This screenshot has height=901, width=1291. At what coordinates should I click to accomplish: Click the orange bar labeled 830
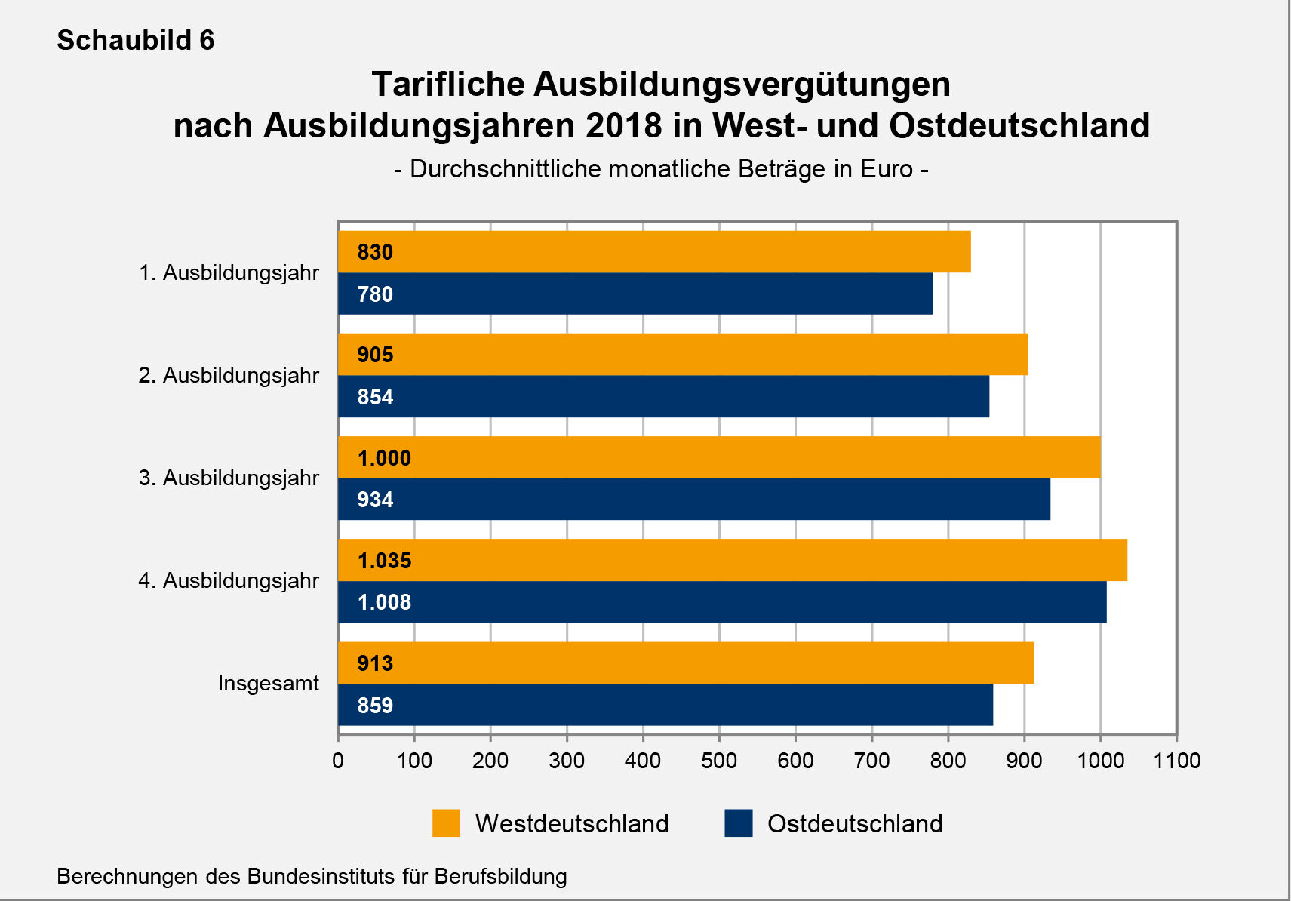coord(653,252)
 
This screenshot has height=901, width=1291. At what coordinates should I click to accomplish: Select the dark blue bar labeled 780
coord(635,294)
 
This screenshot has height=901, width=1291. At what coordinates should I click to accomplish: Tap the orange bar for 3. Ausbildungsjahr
coord(718,457)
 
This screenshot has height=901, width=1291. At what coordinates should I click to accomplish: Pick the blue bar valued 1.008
coord(721,602)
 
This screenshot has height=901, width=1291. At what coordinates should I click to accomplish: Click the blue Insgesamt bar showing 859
coord(665,705)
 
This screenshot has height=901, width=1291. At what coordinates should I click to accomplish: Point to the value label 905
coord(375,355)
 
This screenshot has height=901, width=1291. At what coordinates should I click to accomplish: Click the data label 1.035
coord(384,561)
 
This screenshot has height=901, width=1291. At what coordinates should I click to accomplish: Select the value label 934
coord(375,500)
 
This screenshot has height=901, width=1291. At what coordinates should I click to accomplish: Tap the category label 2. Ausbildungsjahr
coord(229,376)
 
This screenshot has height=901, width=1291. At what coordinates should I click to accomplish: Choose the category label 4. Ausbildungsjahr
coord(229,581)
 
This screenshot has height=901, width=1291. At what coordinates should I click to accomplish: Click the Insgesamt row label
coord(268,684)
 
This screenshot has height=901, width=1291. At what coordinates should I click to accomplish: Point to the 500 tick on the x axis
coord(718,760)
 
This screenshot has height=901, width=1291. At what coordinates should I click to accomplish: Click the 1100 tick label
coord(1176,760)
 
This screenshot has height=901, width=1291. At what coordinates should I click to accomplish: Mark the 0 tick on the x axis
coord(338,760)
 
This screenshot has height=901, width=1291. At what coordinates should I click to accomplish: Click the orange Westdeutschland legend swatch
coord(446,823)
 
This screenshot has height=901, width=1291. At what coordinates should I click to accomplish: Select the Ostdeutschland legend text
coord(854,823)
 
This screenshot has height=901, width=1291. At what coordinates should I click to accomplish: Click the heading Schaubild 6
coord(136,40)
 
